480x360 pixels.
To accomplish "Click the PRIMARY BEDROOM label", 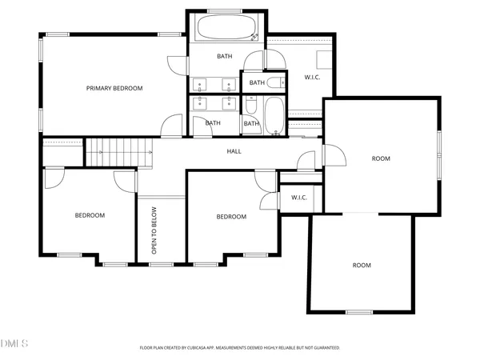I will pos(114,88).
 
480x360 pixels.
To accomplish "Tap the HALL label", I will pos(234,150).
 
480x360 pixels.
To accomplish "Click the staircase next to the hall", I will pos(118,150).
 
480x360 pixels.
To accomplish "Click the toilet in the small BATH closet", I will pos(274,82).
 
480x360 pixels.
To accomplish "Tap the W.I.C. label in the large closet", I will pos(313,78).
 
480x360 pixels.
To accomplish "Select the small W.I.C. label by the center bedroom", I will pos(299,198).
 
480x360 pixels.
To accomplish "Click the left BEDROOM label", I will pos(90,215).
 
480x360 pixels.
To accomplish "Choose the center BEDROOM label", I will pos(231,217).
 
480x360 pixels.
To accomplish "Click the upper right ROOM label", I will pos(381,158).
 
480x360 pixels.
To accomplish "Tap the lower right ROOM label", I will pos(362,265).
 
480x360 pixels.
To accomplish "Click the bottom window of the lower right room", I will pos(358,312).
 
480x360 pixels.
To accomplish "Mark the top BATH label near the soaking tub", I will pos(225,56).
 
